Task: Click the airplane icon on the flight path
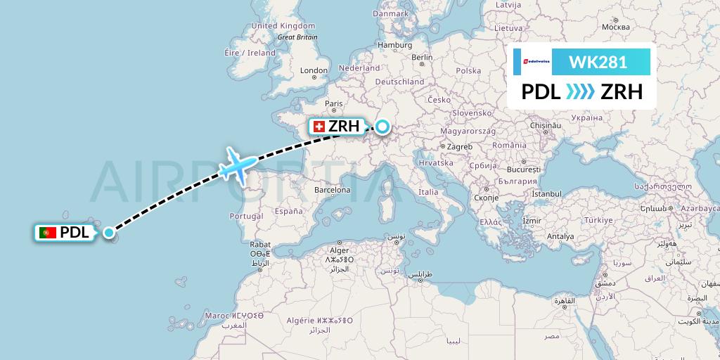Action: [238, 167]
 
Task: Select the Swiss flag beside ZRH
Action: [319, 127]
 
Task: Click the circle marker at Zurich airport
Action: [382, 127]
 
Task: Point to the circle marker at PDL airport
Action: [109, 233]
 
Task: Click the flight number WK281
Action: [598, 62]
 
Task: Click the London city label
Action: [314, 70]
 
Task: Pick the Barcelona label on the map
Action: [333, 190]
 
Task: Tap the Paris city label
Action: [333, 103]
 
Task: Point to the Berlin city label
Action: [421, 57]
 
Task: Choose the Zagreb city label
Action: [458, 146]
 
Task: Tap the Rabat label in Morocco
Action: [260, 245]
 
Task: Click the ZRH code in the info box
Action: [617, 92]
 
